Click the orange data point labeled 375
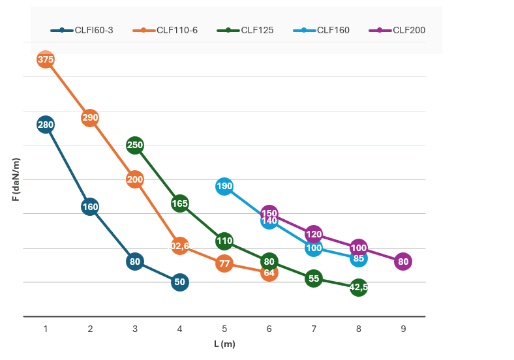[x=46, y=59]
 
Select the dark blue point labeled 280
[x=46, y=125]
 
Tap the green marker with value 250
[x=135, y=145]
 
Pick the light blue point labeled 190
[x=224, y=187]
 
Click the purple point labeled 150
[x=269, y=213]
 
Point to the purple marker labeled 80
[x=403, y=262]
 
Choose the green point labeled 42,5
[x=359, y=287]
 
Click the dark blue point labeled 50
[x=180, y=282]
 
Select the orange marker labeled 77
[x=224, y=263]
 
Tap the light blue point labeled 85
[x=359, y=258]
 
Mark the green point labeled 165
[x=180, y=203]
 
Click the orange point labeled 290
[x=90, y=118]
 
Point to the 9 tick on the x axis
[x=403, y=329]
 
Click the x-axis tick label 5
[x=224, y=329]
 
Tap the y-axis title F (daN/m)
[x=16, y=179]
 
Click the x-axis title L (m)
[x=224, y=344]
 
